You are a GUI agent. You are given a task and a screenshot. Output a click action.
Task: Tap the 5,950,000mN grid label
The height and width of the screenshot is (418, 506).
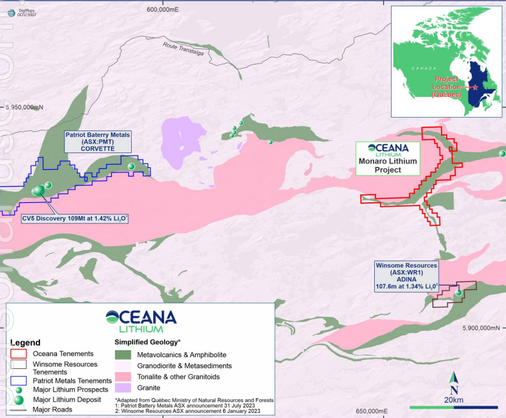(x=25, y=107)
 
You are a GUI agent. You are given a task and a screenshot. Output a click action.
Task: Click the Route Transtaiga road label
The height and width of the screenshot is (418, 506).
(x=184, y=49)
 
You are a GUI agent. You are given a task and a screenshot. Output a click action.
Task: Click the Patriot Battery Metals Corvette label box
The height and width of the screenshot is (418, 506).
(x=98, y=142)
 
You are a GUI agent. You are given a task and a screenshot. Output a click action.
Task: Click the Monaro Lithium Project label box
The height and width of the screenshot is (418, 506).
(x=388, y=158)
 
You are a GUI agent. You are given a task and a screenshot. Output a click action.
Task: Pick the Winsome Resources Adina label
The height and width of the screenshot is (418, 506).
(x=408, y=276)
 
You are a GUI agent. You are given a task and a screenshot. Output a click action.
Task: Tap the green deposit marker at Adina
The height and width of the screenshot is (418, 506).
(x=459, y=293)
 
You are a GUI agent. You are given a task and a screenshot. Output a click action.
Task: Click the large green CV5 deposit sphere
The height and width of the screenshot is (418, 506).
(x=39, y=191)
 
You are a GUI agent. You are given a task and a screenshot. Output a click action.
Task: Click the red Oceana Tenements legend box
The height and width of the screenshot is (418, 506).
(x=19, y=353)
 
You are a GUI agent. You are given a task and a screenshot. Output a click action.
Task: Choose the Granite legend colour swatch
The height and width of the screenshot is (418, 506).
(x=123, y=388)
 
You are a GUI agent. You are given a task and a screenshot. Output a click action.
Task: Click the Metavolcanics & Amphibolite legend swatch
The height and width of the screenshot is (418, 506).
(x=123, y=354)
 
